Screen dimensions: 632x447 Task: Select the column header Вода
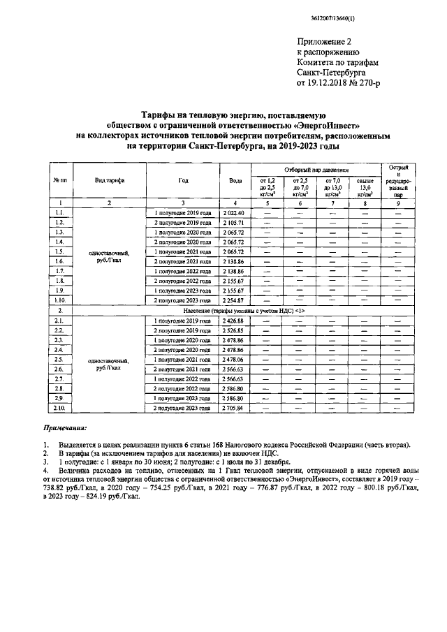tap(235, 180)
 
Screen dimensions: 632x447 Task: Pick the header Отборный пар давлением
tap(314, 170)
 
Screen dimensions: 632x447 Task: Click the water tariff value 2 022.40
tap(233, 212)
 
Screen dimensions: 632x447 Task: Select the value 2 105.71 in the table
tap(233, 222)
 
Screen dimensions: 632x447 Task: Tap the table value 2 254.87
tap(233, 300)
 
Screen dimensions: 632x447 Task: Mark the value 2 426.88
tap(233, 321)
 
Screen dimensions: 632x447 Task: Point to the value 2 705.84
tap(233, 407)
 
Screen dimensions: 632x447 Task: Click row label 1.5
tap(61, 251)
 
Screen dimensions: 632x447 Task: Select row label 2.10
tap(61, 407)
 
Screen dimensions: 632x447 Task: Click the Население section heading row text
tap(245, 309)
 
